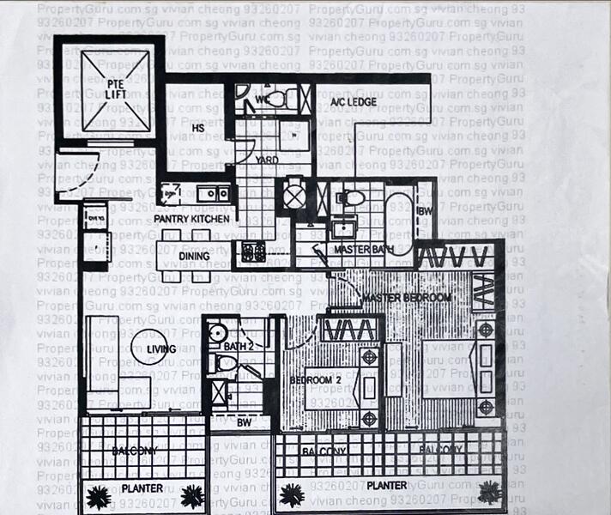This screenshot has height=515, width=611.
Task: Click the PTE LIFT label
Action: click(118, 88)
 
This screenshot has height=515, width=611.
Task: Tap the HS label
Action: click(197, 128)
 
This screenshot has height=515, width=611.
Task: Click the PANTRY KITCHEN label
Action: click(191, 220)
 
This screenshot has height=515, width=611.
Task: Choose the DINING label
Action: click(195, 255)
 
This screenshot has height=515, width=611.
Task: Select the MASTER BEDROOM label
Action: click(406, 298)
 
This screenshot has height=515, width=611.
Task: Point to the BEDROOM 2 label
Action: click(311, 380)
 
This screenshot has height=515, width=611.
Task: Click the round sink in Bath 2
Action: click(215, 333)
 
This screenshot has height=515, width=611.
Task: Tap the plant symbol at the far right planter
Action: click(490, 491)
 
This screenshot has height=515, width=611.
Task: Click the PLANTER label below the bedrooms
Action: click(386, 486)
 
